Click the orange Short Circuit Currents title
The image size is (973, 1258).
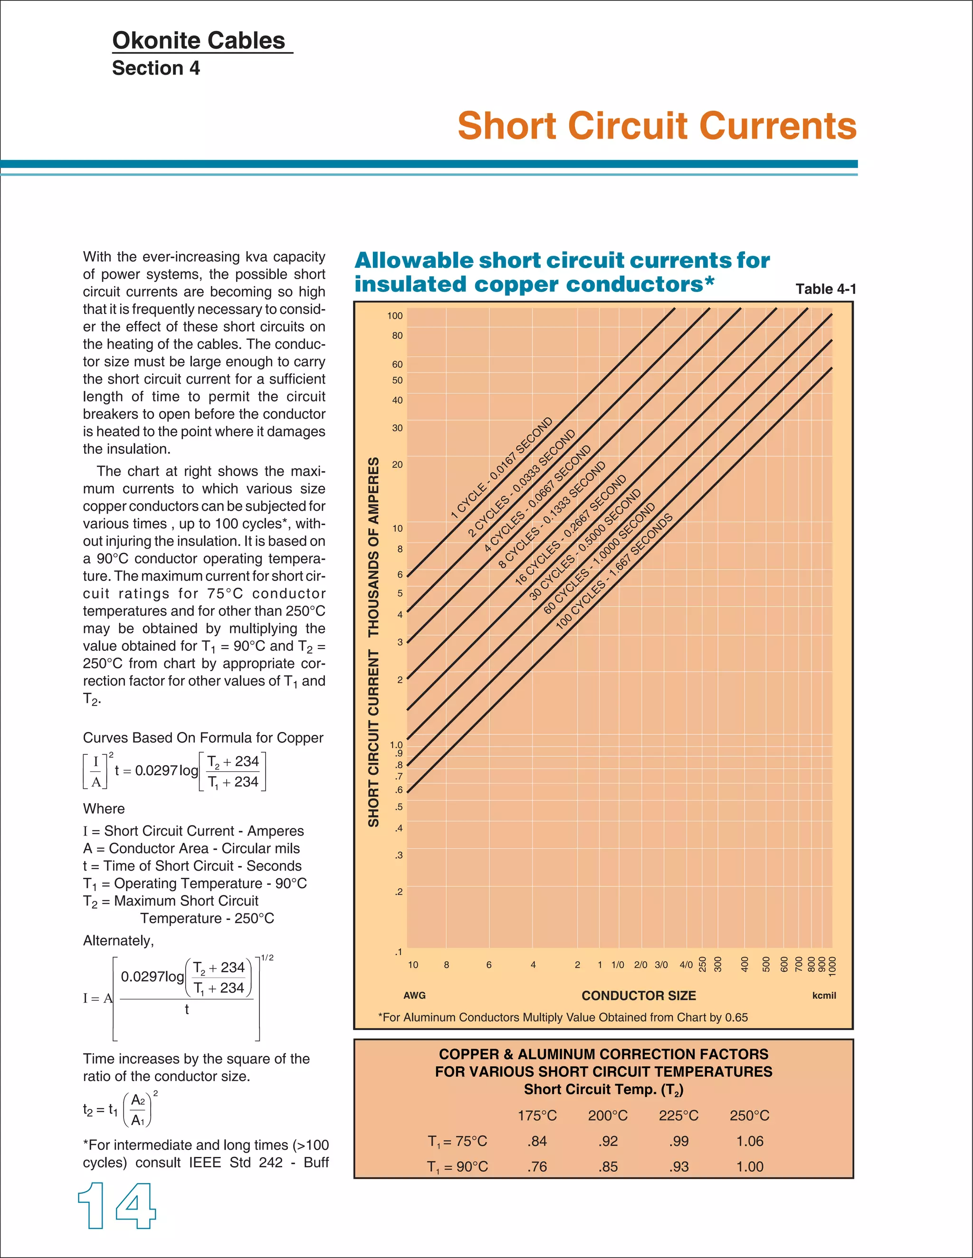click(x=657, y=126)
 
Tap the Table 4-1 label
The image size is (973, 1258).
click(x=825, y=289)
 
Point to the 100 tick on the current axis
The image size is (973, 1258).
click(x=395, y=316)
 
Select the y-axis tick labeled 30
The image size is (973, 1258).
click(x=397, y=428)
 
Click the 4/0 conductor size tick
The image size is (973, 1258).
click(x=686, y=965)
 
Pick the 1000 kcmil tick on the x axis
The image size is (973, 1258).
click(x=832, y=966)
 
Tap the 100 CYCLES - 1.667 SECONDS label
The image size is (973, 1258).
click(x=614, y=571)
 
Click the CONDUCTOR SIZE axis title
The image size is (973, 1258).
click(x=638, y=995)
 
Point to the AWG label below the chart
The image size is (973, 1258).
click(x=414, y=995)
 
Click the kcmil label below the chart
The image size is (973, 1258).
click(x=824, y=995)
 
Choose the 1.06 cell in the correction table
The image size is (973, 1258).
click(x=749, y=1141)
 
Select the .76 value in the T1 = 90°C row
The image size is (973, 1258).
click(x=537, y=1166)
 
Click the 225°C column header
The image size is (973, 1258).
click(x=678, y=1116)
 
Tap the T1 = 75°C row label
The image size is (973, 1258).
click(x=457, y=1141)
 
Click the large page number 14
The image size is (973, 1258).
click(x=117, y=1206)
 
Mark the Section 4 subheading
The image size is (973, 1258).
click(x=156, y=68)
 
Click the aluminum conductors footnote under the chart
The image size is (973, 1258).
click(x=563, y=1017)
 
